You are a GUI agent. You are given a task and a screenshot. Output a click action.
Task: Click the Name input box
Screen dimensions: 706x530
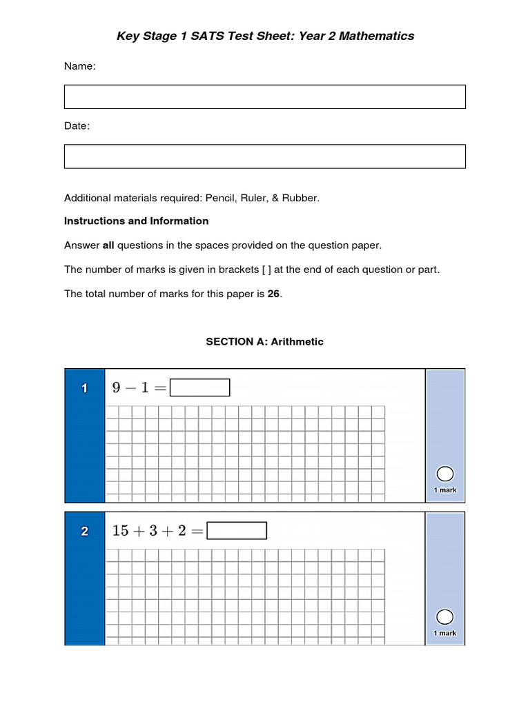click(264, 97)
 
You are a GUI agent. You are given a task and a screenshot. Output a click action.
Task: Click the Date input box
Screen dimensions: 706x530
click(264, 157)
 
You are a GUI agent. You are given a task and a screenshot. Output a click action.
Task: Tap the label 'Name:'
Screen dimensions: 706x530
click(80, 66)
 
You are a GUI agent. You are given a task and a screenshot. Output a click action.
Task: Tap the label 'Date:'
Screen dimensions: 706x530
click(77, 126)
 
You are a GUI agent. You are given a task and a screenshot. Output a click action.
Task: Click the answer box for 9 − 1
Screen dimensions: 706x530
click(199, 388)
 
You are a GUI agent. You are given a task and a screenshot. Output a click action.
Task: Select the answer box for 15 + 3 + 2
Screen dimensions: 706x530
click(237, 531)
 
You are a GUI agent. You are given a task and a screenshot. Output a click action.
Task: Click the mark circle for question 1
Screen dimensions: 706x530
click(445, 474)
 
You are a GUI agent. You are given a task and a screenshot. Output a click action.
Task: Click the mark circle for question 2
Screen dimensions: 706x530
click(445, 616)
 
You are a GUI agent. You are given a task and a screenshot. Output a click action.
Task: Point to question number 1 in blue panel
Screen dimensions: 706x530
click(84, 389)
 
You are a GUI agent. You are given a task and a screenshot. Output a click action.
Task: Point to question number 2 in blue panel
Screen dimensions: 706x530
click(84, 532)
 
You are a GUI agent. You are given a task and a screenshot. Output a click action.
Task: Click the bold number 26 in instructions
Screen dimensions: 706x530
click(273, 294)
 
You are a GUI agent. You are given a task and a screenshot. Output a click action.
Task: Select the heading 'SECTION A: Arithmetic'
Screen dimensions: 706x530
click(264, 342)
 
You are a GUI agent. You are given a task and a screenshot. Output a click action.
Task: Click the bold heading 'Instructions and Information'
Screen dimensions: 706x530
click(136, 221)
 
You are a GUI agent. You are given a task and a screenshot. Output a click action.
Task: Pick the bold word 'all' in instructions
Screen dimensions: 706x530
click(108, 245)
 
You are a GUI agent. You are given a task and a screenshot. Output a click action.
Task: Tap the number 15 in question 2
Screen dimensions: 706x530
click(121, 531)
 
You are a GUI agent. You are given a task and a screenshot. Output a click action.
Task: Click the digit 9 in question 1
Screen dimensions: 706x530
click(117, 388)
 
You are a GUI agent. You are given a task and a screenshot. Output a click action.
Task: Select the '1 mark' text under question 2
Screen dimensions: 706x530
click(445, 633)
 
